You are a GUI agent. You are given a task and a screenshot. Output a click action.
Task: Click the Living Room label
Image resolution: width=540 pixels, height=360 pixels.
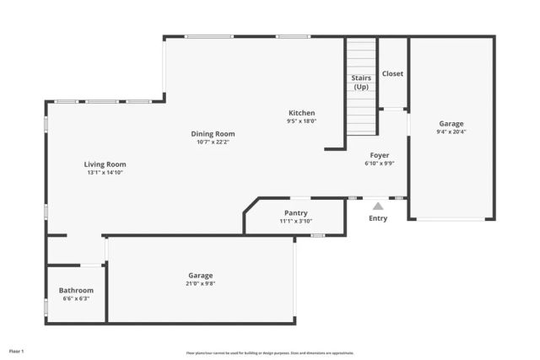coord(105,164)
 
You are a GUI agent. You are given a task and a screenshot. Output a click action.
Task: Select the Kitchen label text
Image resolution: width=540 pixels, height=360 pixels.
coord(301,113)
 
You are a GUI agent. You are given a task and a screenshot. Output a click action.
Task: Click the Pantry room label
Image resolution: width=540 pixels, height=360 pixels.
coord(295,213)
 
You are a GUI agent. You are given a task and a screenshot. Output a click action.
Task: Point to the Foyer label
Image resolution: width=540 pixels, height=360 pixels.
coord(380,155)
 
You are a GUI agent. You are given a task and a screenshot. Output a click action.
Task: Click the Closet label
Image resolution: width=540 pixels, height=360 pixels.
coord(392,73)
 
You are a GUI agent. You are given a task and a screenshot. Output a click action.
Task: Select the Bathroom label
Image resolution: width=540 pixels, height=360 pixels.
coord(76,290)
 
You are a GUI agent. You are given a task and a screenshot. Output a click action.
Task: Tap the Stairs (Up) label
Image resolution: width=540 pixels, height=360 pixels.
coord(361,83)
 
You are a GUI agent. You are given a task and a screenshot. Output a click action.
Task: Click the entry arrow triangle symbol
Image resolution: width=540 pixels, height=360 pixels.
coord(378,206)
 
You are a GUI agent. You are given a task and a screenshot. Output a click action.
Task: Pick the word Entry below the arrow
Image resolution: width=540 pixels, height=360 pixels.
coord(378,218)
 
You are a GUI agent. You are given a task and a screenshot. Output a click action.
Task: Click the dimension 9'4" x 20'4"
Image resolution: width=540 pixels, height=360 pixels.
coord(451,132)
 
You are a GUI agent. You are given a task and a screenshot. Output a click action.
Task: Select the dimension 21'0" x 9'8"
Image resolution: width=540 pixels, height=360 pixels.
coord(201,283)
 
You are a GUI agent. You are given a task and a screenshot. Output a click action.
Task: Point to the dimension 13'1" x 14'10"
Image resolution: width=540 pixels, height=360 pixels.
coord(105,173)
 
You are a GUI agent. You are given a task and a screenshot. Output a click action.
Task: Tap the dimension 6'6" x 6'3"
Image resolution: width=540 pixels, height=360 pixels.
coord(76,298)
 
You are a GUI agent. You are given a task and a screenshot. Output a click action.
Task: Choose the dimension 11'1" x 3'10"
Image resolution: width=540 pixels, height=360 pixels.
coord(295,221)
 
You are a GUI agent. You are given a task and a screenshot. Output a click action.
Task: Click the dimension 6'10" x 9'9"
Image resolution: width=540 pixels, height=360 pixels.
coord(380,164)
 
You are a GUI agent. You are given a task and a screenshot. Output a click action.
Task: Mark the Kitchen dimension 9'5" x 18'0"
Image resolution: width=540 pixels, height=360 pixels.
coord(301,121)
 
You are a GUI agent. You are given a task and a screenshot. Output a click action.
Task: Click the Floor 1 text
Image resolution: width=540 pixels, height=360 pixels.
coord(17,350)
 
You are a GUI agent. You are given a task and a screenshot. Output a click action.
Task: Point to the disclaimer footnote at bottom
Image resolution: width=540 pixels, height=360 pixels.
coord(270,353)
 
